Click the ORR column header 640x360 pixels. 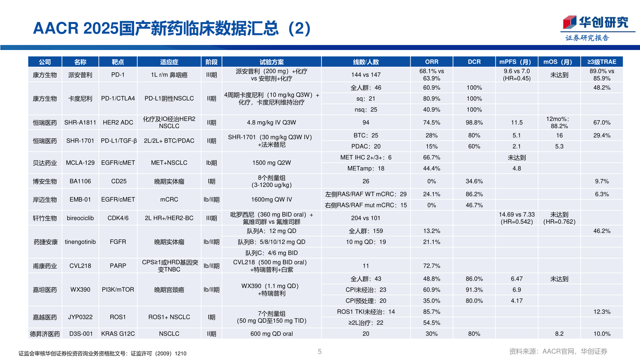[x=431, y=62]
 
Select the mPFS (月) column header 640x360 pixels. [x=516, y=62]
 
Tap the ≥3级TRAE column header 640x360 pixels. [x=601, y=62]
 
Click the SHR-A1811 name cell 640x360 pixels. [x=80, y=122]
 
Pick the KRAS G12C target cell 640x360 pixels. [x=118, y=334]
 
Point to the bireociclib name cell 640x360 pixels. [x=80, y=218]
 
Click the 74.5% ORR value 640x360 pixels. [x=431, y=122]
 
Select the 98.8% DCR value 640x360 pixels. [x=474, y=122]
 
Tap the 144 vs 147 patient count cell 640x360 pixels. [x=366, y=75]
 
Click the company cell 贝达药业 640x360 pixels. [x=45, y=163]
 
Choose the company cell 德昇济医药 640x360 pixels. [x=45, y=334]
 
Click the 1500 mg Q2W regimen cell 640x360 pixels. [x=271, y=163]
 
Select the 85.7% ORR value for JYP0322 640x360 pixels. [x=431, y=312]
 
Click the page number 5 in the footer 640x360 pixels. [x=320, y=352]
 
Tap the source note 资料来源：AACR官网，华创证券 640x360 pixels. [x=558, y=351]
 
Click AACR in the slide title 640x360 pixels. [x=56, y=28]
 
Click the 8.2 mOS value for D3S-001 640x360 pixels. [x=559, y=334]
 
